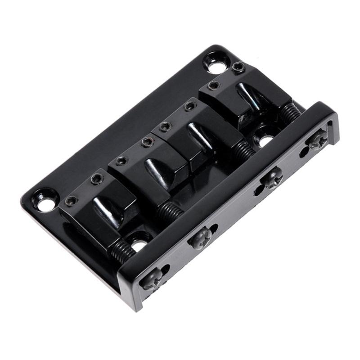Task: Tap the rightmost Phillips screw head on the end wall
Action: point(316,140)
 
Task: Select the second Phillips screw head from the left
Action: point(200,238)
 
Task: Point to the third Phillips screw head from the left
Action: point(272,177)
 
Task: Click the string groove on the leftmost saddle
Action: point(104,211)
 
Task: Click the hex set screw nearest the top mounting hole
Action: point(238,68)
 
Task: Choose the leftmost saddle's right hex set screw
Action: point(96,179)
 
